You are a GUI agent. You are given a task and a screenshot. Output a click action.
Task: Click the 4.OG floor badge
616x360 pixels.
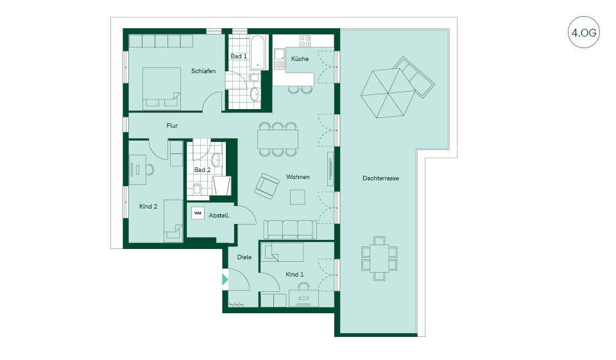(584, 32)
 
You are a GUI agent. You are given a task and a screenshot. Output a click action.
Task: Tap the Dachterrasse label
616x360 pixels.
(381, 178)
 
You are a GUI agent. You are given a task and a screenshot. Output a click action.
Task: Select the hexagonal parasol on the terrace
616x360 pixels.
(388, 93)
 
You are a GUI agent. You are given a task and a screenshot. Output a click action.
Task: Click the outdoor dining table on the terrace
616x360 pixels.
(379, 258)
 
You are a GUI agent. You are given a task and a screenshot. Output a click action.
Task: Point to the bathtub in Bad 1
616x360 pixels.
(258, 53)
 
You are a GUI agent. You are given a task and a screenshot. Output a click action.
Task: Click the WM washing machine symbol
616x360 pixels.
(198, 214)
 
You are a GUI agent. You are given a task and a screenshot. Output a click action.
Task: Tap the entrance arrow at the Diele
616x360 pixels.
(225, 279)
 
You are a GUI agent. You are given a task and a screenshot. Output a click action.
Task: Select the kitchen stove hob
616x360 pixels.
(305, 40)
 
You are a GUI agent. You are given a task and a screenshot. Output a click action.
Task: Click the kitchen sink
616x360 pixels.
(280, 59)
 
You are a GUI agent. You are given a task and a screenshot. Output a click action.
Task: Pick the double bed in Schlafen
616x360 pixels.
(162, 89)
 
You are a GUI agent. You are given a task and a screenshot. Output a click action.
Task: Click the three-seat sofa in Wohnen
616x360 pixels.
(290, 230)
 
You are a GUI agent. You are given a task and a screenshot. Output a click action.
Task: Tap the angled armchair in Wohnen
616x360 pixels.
(267, 185)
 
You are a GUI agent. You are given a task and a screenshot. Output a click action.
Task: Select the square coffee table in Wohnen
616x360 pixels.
(297, 197)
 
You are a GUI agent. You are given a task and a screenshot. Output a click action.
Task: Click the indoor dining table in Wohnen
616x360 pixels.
(278, 139)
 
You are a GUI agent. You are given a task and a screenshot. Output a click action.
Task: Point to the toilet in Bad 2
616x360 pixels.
(197, 189)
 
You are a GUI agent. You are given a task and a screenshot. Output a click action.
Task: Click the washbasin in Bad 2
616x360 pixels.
(216, 160)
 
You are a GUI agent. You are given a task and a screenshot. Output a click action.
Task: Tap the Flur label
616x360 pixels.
(172, 125)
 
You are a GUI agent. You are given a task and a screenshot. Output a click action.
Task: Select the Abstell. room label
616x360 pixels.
(219, 216)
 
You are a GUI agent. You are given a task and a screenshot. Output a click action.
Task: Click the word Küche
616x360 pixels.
(300, 58)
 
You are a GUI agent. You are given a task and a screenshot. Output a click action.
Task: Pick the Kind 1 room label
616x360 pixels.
(295, 274)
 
